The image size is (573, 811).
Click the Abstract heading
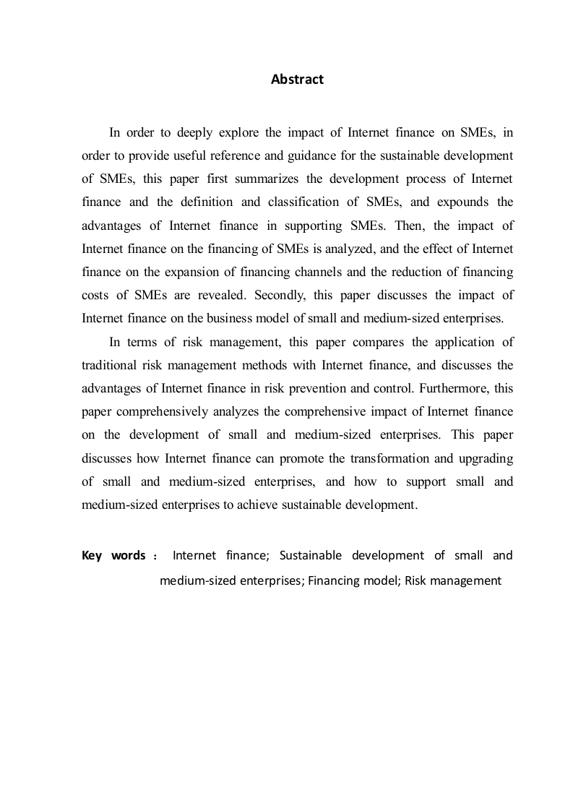[x=297, y=80]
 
